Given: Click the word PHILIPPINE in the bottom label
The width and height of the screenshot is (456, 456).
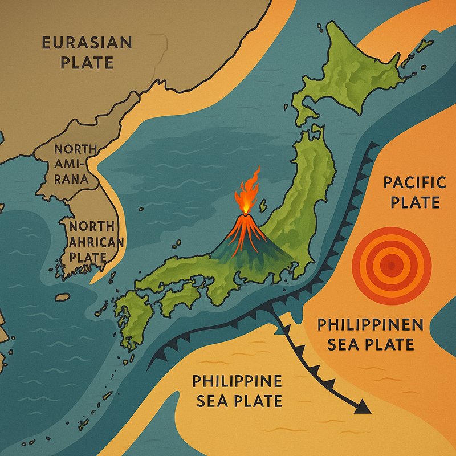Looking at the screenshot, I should (x=237, y=381).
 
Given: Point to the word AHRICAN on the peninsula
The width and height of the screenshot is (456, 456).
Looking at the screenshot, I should (x=96, y=242).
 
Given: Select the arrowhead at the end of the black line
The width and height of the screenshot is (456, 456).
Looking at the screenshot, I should (x=363, y=408).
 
